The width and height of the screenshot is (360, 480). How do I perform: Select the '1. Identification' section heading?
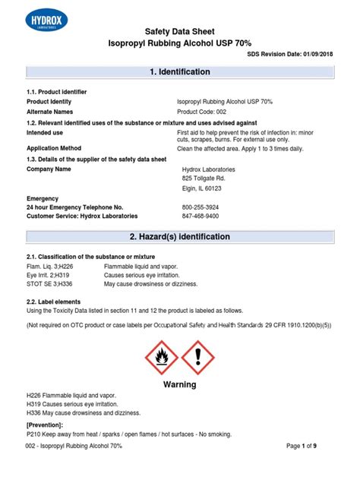coord(180,72)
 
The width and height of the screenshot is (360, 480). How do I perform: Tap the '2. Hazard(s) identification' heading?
coord(180,237)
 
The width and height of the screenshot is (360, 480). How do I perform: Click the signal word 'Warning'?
coord(180,384)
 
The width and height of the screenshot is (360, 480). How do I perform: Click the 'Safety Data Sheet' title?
coord(180,32)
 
